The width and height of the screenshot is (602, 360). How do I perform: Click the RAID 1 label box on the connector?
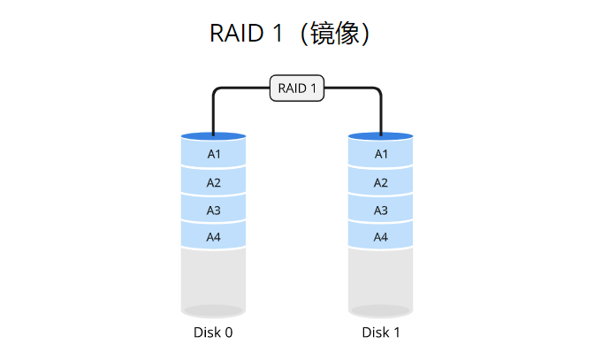point(297,88)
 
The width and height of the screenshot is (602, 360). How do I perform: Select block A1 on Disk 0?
point(213,154)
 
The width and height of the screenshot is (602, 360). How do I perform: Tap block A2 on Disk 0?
point(213,182)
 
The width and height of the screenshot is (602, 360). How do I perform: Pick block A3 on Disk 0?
point(213,210)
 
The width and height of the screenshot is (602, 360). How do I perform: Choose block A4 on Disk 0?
point(213,237)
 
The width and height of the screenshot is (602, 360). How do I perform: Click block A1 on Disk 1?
point(381,154)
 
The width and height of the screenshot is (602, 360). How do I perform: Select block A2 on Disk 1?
point(381,182)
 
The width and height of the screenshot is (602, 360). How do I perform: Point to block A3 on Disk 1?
point(381,210)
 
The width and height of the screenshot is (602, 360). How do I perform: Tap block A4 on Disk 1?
point(381,237)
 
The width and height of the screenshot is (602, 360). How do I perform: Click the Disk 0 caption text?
point(213,333)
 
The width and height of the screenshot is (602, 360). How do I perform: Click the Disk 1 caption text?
point(381,333)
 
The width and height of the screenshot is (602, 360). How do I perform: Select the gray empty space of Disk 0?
point(213,279)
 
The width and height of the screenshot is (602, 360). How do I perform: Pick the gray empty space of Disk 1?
point(381,279)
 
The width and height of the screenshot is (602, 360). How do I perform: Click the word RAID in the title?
point(237,34)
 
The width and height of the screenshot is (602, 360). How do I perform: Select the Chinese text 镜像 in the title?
point(335,34)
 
